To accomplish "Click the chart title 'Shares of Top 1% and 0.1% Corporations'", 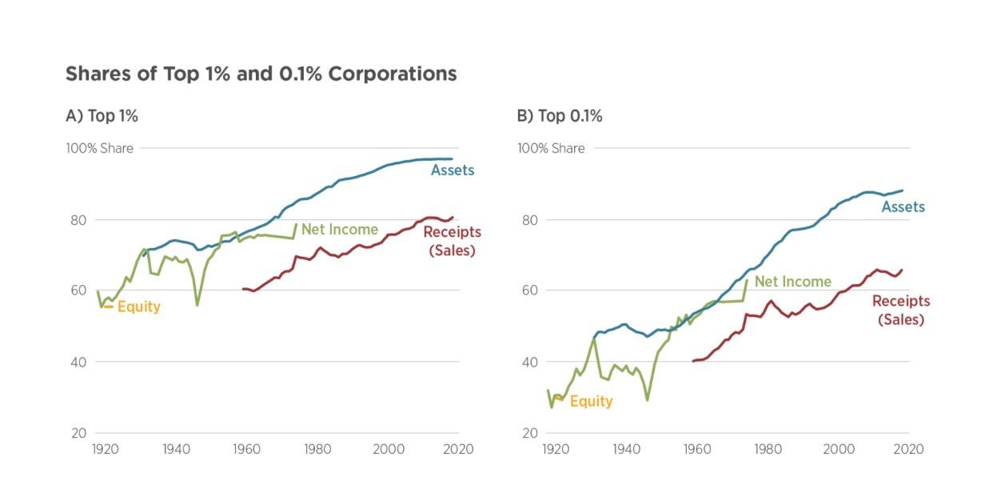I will click(261, 74).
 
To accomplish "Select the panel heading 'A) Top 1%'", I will click(102, 116).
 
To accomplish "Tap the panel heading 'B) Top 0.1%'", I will click(560, 116).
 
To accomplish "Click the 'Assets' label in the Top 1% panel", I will click(453, 170).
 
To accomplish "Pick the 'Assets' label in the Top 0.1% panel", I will click(903, 207).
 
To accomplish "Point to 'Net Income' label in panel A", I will click(339, 230).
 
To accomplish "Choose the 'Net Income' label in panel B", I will click(792, 282).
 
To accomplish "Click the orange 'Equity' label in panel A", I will click(139, 307).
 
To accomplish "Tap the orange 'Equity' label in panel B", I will click(591, 401).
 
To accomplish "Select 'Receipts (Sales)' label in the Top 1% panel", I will click(452, 241).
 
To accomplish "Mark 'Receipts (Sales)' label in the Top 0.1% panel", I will click(901, 310).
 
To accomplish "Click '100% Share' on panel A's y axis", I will click(99, 148).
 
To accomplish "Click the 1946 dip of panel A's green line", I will click(197, 305).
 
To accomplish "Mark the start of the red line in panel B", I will click(693, 361).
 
